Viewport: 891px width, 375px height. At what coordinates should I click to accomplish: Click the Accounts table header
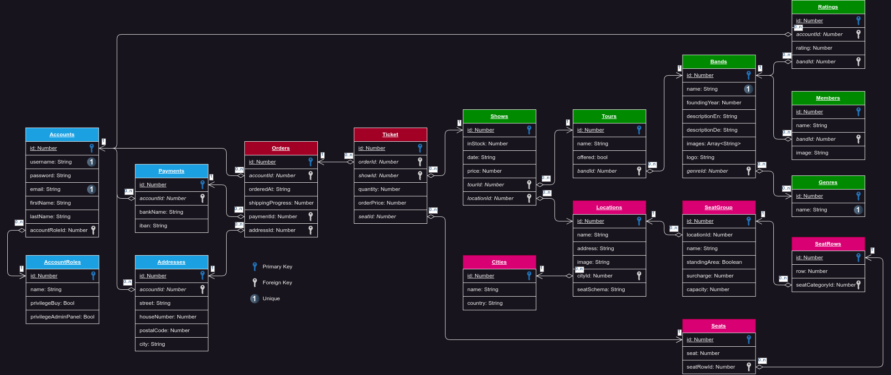coord(62,134)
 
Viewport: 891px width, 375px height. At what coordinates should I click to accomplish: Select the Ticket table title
coord(390,134)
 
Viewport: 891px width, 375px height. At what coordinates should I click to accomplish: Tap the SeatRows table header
coord(828,244)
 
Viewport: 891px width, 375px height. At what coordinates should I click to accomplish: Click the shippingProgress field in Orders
coord(281,203)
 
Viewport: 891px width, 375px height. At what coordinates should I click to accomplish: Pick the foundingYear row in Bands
coord(714,103)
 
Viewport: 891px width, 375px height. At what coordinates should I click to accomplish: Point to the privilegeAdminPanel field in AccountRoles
coord(62,317)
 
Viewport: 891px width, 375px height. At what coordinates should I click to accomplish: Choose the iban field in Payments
coord(153,226)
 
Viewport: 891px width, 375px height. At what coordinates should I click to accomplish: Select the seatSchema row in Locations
coord(601,289)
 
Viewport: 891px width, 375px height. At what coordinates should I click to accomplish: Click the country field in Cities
coord(485,303)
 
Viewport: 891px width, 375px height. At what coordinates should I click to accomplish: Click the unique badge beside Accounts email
coord(91,189)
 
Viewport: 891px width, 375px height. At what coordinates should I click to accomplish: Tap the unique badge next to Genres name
coord(858,210)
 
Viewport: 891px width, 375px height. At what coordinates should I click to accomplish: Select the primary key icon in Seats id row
coord(748,339)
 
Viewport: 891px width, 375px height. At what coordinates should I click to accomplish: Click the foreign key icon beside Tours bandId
coord(639,171)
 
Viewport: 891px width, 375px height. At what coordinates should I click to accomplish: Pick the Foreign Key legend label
coord(277,283)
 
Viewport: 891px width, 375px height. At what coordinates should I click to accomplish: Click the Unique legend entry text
coord(271,298)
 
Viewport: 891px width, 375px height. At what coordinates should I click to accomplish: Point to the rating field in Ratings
coord(814,48)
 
